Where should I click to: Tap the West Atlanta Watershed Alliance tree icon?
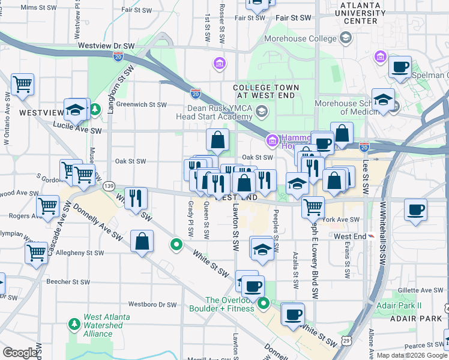pos(74,325)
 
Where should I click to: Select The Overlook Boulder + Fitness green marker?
pos(264,304)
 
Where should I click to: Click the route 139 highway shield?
pos(109,186)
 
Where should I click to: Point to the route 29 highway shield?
pos(347,341)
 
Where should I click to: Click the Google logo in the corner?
pos(20,353)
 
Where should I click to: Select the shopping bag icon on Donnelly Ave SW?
pos(142,242)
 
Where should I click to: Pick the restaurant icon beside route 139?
pos(136,197)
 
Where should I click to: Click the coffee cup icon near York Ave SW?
pos(415,210)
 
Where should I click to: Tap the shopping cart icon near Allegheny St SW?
pos(36,252)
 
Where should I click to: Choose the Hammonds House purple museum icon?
pos(272,140)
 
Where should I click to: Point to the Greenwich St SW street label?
pos(141,104)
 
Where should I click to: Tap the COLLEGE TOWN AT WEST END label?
pos(266,92)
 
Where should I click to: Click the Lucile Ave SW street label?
pos(77,128)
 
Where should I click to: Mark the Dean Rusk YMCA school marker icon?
pos(262,112)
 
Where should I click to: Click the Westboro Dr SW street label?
pos(152,304)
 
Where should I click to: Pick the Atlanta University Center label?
pos(360,13)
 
